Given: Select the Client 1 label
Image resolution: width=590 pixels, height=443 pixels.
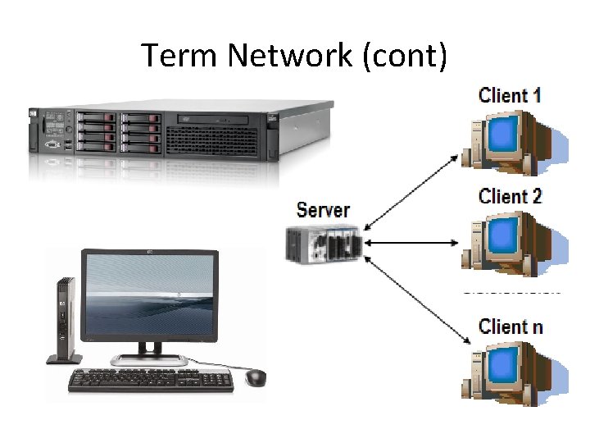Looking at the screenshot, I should [x=510, y=94].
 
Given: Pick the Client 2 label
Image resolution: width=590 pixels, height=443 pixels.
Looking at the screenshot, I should [x=510, y=196].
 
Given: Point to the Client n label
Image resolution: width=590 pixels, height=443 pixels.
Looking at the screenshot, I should [x=510, y=326].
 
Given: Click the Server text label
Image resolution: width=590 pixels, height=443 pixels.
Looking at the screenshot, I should [x=323, y=210].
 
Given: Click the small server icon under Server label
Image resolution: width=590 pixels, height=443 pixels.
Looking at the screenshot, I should [x=324, y=244].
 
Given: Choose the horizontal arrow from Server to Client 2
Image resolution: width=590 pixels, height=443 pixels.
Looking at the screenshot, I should [x=410, y=243].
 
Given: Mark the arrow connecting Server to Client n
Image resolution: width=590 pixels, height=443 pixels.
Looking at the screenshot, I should [x=410, y=299].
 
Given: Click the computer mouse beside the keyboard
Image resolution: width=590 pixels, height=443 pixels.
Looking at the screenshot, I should [x=256, y=377].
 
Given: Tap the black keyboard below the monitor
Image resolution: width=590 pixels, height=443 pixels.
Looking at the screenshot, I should [x=152, y=379].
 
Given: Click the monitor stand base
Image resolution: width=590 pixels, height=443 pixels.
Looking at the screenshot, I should [x=148, y=359].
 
